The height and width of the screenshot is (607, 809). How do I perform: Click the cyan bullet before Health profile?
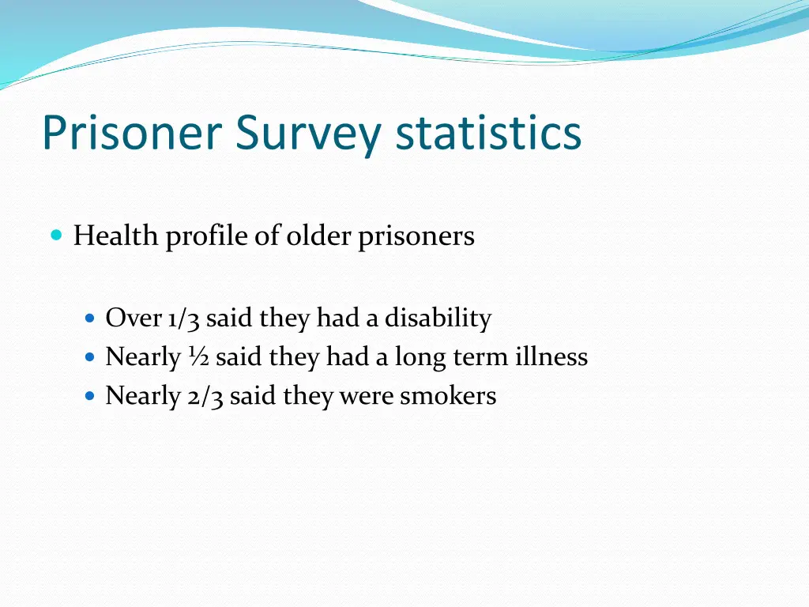click(x=55, y=235)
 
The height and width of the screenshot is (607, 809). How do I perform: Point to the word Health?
click(x=115, y=236)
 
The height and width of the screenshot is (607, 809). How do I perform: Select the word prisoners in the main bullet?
click(x=416, y=237)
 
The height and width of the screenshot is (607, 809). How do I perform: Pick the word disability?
click(x=438, y=319)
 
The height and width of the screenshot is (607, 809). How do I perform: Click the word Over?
click(x=134, y=319)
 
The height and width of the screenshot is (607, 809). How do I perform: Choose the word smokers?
click(x=448, y=396)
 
